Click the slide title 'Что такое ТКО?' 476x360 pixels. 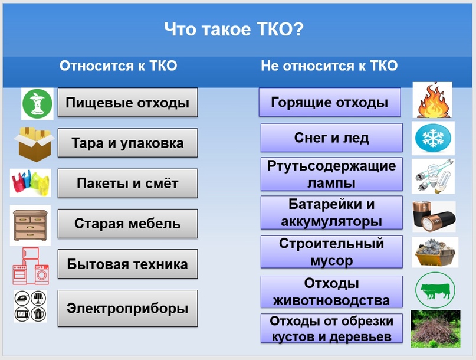point(234,29)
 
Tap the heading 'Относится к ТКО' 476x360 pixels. point(118,66)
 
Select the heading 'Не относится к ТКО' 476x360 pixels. point(329,66)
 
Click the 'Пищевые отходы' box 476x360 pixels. point(127,102)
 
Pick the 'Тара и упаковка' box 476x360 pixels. point(127,143)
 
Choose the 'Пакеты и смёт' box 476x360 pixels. point(127,183)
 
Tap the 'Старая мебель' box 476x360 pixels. point(127,224)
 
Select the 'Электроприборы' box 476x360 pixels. point(127,308)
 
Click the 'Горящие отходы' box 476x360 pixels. point(330,102)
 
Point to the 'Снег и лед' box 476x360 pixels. point(331,138)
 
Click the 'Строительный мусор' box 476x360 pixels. point(331,252)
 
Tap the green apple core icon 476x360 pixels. point(37,104)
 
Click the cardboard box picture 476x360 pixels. point(34,144)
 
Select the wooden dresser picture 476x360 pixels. point(30,225)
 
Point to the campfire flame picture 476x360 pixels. point(432,100)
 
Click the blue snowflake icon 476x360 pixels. point(433,138)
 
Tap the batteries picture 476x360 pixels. point(434,217)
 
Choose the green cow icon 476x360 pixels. point(435,290)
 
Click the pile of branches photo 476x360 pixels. point(435,329)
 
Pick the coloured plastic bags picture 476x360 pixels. point(30,183)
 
